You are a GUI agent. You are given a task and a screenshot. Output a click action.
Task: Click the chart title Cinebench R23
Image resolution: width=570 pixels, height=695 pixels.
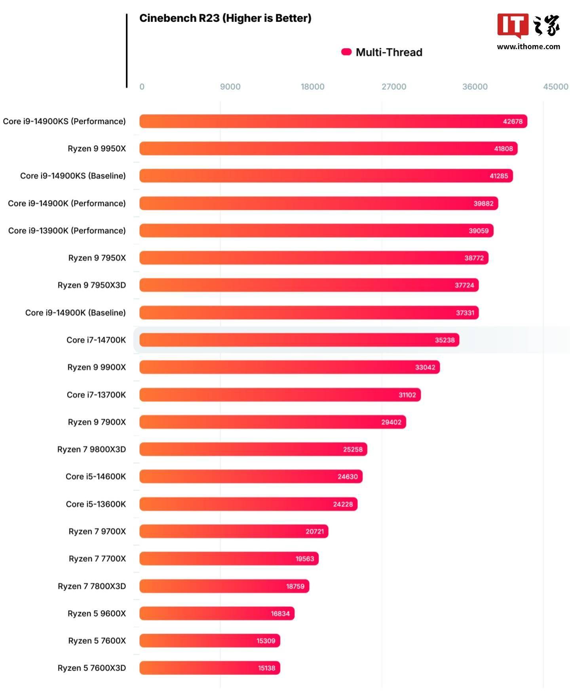pos(225,18)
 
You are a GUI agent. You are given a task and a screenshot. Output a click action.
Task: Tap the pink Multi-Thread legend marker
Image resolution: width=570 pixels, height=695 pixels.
pos(346,52)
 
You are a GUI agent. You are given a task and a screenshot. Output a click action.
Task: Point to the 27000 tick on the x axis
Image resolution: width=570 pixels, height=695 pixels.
pos(393,87)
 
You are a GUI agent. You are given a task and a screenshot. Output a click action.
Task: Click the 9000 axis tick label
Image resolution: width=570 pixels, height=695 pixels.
pos(230,87)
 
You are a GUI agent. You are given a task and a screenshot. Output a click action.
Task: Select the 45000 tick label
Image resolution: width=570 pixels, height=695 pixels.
pos(555,87)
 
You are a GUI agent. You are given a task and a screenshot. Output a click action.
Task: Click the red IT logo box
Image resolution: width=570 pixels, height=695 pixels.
pos(513,25)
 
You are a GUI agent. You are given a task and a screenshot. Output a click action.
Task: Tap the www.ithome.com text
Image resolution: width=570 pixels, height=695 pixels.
pos(528,47)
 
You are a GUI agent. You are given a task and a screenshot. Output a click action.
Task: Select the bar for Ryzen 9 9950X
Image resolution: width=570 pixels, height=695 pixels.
pos(328,149)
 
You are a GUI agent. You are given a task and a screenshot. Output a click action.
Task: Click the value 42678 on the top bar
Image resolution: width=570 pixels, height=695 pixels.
pos(513,122)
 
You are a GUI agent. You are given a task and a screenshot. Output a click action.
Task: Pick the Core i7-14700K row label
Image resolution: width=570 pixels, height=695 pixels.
pos(96,340)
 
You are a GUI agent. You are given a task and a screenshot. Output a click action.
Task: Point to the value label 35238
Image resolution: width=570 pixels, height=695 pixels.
pos(445,340)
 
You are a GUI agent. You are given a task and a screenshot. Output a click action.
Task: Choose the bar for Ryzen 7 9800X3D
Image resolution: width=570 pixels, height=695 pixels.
pos(253,449)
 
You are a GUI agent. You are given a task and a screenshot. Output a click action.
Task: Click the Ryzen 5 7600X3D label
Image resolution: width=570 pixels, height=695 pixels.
pos(91,668)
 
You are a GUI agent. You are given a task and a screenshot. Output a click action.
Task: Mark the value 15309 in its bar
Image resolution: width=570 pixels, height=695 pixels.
pos(266,641)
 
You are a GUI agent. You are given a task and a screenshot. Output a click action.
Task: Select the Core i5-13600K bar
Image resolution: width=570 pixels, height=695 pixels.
pos(248,504)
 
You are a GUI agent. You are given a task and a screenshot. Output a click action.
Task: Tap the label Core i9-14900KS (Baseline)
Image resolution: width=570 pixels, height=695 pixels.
pos(73,176)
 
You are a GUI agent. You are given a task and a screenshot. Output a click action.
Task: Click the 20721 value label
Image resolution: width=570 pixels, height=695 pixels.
pos(314,531)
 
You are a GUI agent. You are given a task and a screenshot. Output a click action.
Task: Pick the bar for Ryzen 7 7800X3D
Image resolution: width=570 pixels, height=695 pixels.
pos(224,586)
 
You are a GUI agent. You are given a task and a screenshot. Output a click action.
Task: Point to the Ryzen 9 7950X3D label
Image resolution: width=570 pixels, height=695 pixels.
pos(91,285)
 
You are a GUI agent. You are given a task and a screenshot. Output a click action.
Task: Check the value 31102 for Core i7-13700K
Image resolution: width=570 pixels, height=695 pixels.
pos(407,395)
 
